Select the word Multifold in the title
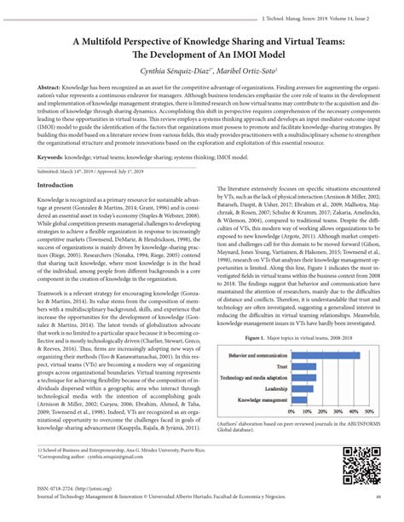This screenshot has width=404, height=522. point(116,40)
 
